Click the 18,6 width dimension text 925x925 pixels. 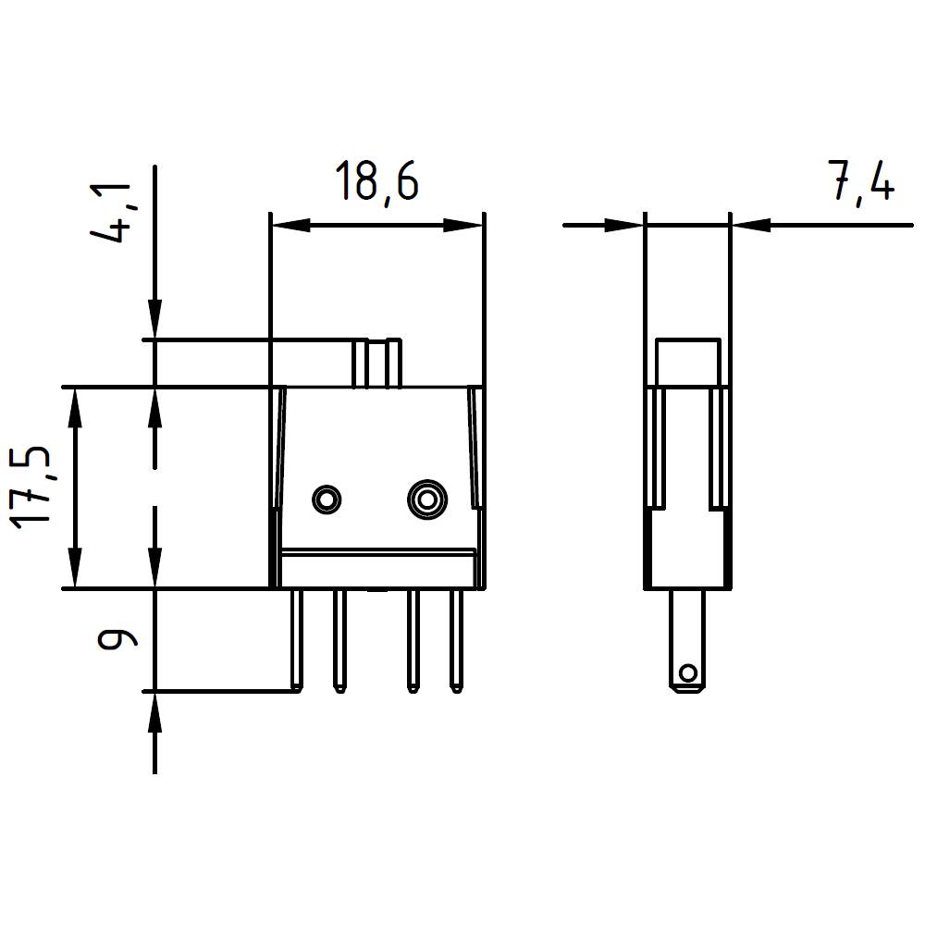376,181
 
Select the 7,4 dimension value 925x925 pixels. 861,182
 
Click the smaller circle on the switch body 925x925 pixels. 326,499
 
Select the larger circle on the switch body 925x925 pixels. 426,499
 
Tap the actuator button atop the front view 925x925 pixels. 377,364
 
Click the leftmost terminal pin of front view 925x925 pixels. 295,640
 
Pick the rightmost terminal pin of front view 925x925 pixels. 455,640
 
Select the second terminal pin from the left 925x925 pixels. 339,640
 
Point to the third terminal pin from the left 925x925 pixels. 411,640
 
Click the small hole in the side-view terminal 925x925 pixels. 686,672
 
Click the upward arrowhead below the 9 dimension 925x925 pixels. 154,711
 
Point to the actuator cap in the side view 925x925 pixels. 687,362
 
